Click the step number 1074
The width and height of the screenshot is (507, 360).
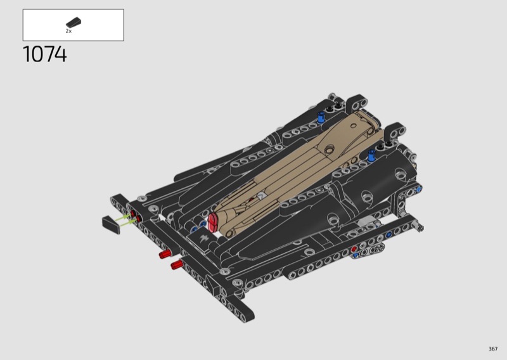44,54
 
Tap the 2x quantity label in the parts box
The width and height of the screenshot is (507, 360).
68,31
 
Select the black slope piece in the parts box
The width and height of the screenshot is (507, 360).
74,22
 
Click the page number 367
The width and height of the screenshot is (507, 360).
493,349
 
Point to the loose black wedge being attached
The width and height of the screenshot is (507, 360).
111,225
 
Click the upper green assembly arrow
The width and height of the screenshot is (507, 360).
123,217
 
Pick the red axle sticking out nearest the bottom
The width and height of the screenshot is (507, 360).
177,264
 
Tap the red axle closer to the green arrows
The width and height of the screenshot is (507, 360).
165,254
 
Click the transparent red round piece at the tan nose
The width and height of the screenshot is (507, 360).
212,222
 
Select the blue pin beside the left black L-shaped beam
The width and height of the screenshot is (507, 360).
321,117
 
